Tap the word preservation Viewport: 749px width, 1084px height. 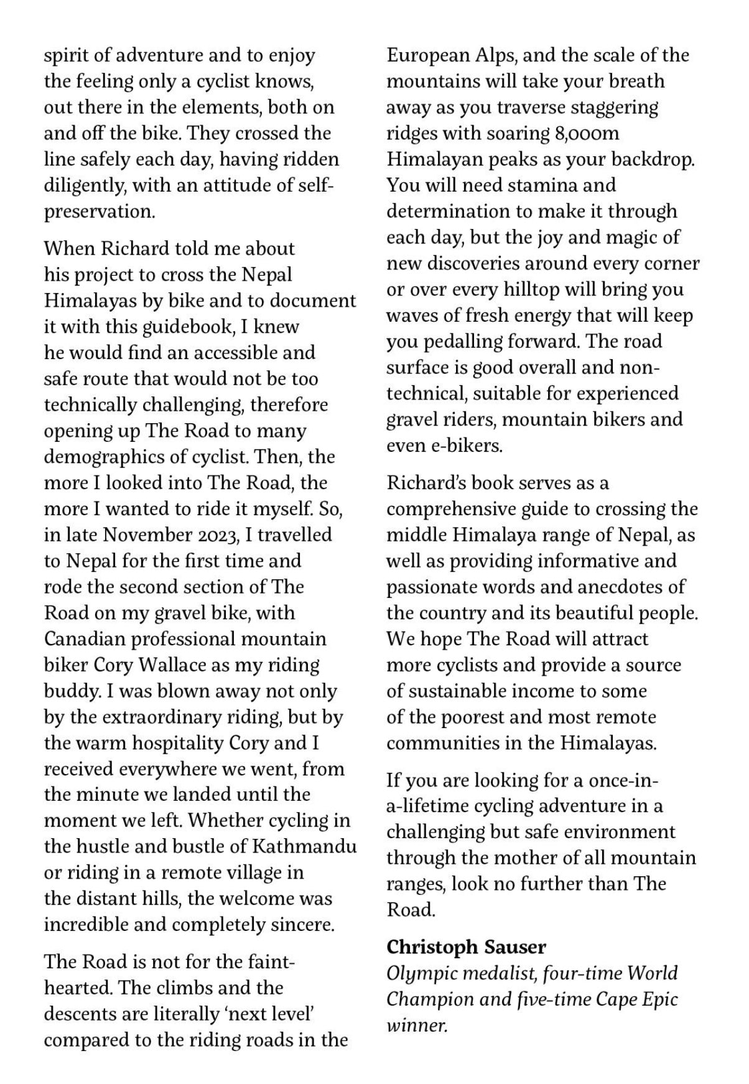click(99, 212)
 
